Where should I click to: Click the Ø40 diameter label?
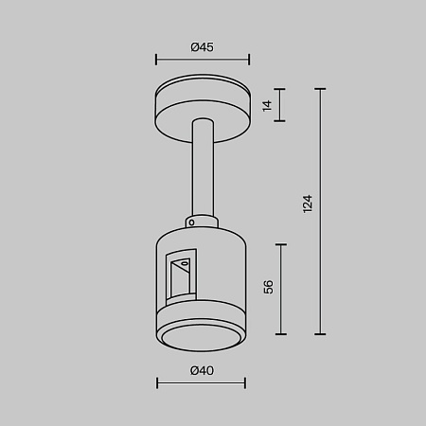(201, 370)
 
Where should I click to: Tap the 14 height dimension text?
(268, 106)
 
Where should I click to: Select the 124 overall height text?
(307, 204)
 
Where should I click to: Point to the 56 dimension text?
(268, 288)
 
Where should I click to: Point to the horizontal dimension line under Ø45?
(202, 58)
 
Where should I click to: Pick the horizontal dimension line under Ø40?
(201, 383)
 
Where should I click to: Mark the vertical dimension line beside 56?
(282, 288)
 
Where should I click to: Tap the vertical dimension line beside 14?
(282, 105)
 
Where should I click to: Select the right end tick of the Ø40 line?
(245, 383)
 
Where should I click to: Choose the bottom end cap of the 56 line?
(282, 334)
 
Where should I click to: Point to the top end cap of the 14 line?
(282, 89)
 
